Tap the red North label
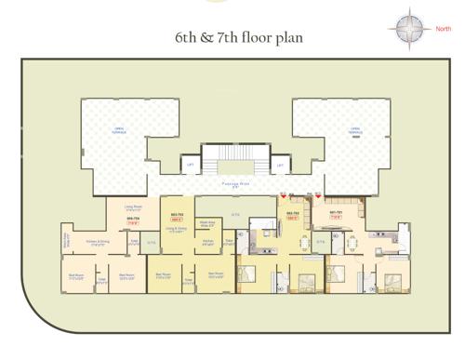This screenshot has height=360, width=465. tap(445, 29)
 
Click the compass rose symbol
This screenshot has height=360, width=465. tap(408, 30)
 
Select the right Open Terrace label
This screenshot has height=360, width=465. tap(352, 130)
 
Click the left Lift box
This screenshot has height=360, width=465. tap(190, 166)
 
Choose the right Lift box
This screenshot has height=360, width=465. tap(280, 166)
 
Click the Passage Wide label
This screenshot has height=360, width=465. tap(234, 185)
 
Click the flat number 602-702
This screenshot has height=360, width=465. tap(292, 212)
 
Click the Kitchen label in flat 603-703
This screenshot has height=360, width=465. tap(209, 242)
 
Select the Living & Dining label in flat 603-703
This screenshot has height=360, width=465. tap(174, 229)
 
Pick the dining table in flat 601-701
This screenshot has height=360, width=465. tap(352, 243)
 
